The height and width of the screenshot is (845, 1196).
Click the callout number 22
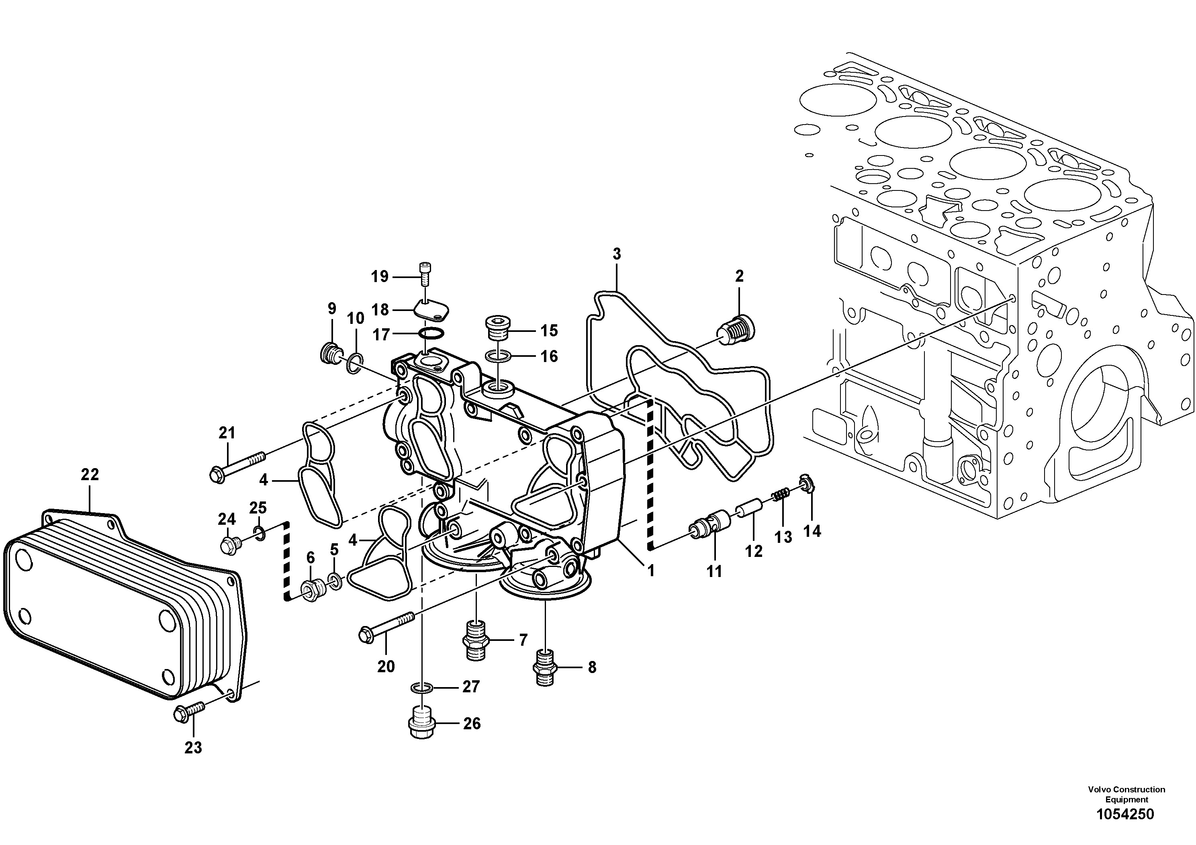[x=90, y=475]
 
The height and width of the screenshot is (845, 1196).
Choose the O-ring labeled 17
[x=432, y=333]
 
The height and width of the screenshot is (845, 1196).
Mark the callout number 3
[x=617, y=254]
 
